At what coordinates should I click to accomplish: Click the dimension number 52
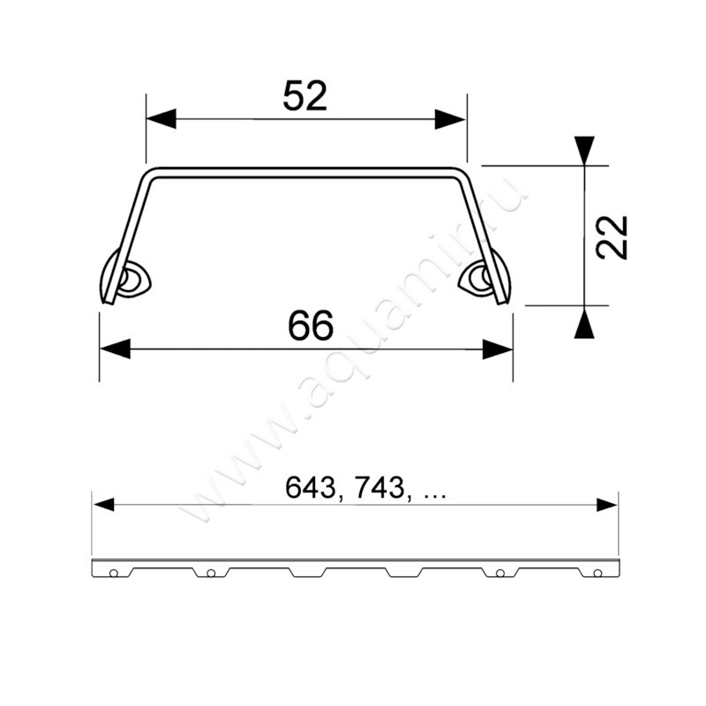(305, 94)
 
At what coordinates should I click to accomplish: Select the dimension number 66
(311, 327)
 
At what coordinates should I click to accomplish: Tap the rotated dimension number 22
(612, 237)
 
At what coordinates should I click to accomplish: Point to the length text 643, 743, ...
(365, 488)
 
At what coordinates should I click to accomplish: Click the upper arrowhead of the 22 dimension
(584, 149)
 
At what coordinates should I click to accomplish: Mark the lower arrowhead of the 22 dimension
(584, 324)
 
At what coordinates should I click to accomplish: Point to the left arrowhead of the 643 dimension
(104, 505)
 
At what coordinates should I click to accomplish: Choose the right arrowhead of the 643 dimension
(606, 505)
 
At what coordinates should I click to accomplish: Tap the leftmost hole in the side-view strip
(114, 574)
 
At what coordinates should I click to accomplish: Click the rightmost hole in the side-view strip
(597, 574)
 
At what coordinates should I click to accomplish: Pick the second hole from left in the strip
(211, 574)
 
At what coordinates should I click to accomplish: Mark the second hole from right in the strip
(500, 574)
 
